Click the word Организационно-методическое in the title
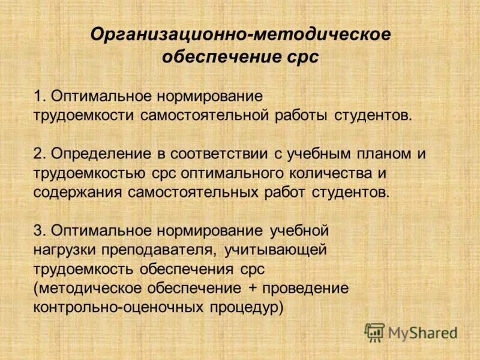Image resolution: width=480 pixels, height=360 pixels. click(240, 34)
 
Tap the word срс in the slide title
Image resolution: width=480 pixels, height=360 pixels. click(302, 58)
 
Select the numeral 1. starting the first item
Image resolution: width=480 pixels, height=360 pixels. click(40, 96)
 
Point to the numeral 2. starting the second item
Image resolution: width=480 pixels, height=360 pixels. click(40, 154)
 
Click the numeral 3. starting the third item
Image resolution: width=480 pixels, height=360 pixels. click(40, 230)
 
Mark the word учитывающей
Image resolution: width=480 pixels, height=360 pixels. click(277, 250)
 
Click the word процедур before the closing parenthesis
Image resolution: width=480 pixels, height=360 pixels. click(246, 307)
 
